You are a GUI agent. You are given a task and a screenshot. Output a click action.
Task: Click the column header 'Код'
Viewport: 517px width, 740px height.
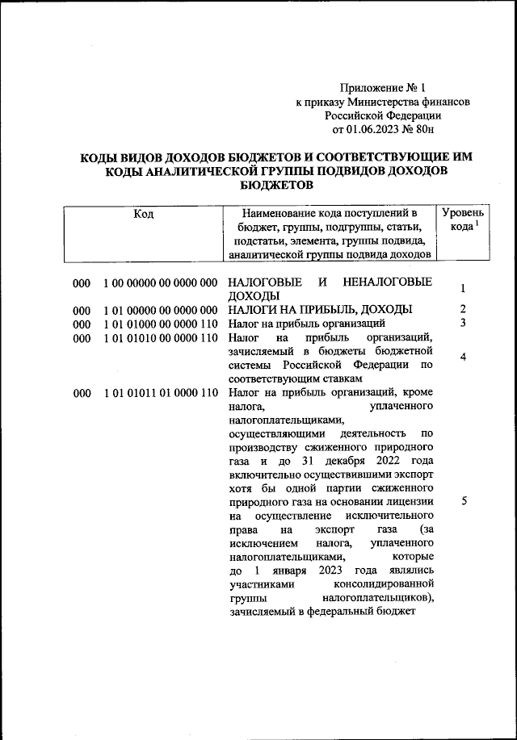(x=144, y=214)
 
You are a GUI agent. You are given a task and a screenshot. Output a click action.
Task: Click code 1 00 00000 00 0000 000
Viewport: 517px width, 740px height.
(x=161, y=282)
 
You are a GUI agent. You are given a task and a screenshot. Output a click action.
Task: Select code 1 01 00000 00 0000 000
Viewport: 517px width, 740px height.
(x=161, y=310)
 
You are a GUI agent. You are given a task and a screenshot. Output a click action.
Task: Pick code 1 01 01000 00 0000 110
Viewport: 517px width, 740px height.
(x=161, y=324)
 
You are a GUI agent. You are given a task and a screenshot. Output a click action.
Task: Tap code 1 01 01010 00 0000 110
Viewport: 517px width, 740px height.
(x=161, y=337)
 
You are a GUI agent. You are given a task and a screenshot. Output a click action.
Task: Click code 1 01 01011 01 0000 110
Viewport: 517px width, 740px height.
(x=161, y=393)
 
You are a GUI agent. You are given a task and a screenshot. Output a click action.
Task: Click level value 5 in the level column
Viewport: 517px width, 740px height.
(x=463, y=501)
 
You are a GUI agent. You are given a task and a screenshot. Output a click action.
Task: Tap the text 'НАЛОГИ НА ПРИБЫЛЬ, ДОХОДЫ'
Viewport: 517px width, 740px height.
(x=321, y=310)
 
